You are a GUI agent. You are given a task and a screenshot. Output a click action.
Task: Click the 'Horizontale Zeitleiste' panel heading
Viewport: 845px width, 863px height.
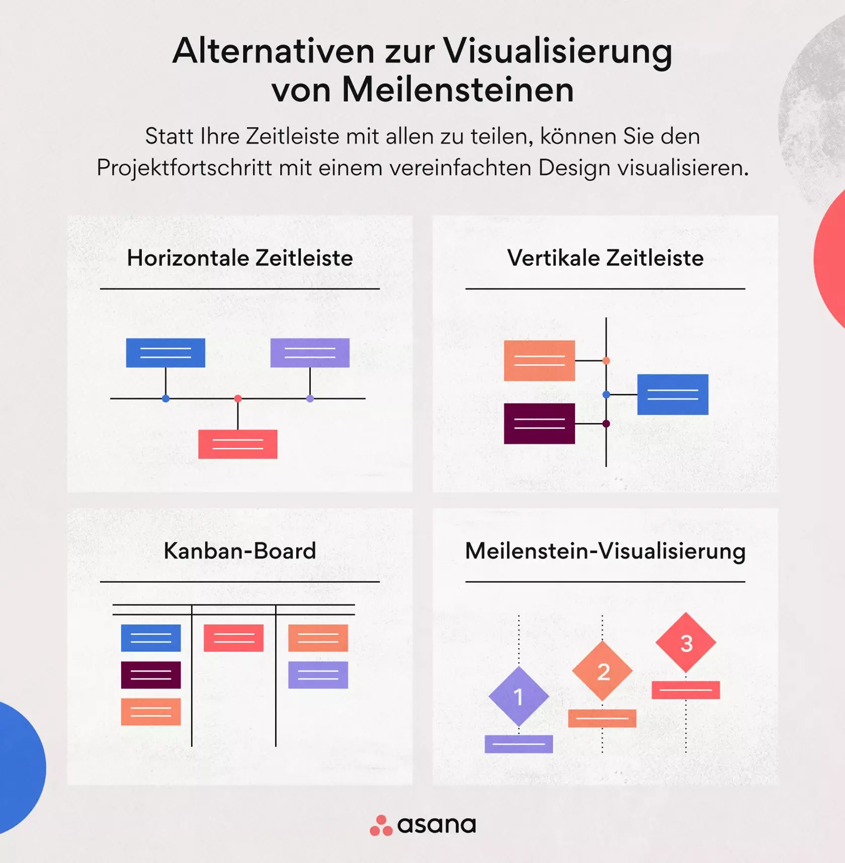coord(240,258)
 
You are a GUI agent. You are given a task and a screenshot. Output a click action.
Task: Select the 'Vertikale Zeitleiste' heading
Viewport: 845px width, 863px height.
coord(605,258)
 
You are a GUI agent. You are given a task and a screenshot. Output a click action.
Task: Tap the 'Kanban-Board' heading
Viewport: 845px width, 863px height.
coord(240,551)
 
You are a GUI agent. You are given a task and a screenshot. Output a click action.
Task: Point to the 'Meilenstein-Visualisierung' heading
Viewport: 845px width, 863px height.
coord(605,552)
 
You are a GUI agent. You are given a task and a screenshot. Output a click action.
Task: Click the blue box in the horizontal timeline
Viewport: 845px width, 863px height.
coord(165,353)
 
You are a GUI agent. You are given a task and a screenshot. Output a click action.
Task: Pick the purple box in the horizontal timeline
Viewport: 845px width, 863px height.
coord(310,353)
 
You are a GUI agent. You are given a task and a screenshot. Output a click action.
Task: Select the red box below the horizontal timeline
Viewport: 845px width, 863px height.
coord(237,444)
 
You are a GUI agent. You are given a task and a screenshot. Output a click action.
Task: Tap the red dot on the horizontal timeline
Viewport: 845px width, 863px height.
coord(238,399)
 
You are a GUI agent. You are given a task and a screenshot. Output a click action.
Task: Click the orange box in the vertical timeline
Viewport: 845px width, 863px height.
coord(539,360)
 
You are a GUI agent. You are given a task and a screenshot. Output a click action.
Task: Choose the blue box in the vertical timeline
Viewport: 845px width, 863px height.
coord(672,395)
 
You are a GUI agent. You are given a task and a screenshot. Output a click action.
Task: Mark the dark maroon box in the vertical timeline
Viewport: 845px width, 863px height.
coord(539,424)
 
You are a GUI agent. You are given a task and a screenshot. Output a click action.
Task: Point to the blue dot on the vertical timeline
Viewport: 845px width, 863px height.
coord(606,395)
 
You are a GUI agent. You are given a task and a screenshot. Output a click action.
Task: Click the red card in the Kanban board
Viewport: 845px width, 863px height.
coord(233,638)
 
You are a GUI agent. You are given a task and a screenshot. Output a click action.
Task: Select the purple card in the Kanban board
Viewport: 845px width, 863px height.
coord(318,675)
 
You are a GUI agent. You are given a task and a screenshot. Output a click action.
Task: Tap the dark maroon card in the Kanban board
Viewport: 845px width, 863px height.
coord(151,675)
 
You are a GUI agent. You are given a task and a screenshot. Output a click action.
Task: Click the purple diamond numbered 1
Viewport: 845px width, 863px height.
coord(519,697)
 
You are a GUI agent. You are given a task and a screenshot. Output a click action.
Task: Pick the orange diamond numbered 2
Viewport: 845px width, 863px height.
coord(602,671)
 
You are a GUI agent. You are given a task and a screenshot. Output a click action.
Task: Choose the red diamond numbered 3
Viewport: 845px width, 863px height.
coord(686,643)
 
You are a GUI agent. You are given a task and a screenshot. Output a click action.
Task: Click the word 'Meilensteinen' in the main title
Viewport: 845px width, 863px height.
coord(458,90)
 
